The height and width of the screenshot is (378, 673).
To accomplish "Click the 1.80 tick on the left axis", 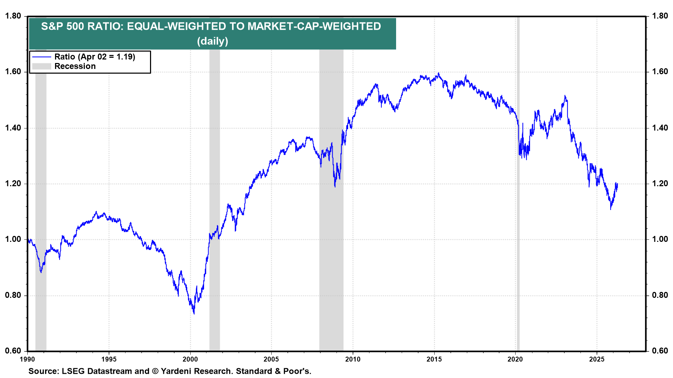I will [x=13, y=16].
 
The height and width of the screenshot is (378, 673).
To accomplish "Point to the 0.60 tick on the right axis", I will [x=660, y=351].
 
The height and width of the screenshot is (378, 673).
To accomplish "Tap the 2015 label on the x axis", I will [x=434, y=359].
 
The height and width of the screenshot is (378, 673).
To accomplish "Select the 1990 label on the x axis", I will [x=27, y=359].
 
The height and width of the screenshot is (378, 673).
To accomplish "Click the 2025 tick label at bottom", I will [x=597, y=359].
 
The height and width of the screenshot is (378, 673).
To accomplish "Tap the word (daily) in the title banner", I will [x=212, y=41].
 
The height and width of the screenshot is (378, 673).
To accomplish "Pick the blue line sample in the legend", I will [x=41, y=57].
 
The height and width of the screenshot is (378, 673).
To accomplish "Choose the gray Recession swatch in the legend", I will [x=41, y=66].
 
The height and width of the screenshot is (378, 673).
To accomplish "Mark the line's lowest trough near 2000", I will [x=194, y=313].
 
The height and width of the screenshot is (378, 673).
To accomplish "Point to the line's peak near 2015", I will [x=439, y=73].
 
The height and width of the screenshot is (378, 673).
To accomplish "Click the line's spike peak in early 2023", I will [x=565, y=96].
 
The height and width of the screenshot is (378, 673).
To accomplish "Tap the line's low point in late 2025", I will [x=611, y=209].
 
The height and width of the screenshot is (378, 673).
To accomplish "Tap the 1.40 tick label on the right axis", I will [x=660, y=128].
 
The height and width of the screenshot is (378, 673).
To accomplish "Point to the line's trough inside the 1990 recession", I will [x=41, y=272].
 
